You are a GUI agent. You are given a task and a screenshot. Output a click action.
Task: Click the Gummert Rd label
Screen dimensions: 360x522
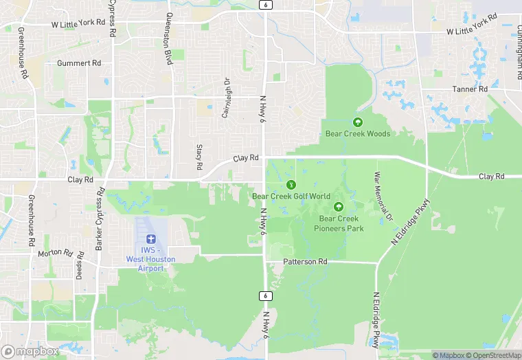coord(79,63)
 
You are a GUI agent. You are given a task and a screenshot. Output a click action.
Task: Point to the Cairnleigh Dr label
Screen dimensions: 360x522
coord(225,98)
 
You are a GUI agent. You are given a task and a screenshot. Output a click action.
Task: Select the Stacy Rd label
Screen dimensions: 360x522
coord(199,157)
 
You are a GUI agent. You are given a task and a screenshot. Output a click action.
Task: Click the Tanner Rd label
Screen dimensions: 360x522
coord(470,89)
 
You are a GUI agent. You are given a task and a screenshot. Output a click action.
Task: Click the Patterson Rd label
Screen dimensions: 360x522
coord(306,262)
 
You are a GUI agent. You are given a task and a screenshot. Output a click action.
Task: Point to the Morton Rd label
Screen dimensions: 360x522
coord(55,253)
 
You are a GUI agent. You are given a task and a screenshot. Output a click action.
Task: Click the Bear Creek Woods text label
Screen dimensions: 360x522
coord(357,134)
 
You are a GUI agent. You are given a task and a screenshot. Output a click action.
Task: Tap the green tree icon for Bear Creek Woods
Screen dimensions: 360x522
coord(357,122)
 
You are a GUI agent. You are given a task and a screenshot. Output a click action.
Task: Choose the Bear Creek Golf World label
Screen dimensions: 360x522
coord(291,196)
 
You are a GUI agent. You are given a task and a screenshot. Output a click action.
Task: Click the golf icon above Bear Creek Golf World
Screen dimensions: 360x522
coord(291,185)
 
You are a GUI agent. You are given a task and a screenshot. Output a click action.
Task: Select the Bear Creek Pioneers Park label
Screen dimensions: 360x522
coord(339,223)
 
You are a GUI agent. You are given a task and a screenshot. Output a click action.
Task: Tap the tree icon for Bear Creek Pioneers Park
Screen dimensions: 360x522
coord(339,207)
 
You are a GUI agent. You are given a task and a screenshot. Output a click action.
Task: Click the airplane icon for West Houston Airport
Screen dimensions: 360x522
coord(150,238)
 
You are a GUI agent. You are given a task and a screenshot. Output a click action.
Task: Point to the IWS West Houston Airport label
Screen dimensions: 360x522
coord(150,259)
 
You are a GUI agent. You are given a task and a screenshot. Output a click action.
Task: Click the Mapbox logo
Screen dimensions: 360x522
coord(30,351)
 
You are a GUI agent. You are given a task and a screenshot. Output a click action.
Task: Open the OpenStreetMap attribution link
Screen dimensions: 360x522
coord(493,355)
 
